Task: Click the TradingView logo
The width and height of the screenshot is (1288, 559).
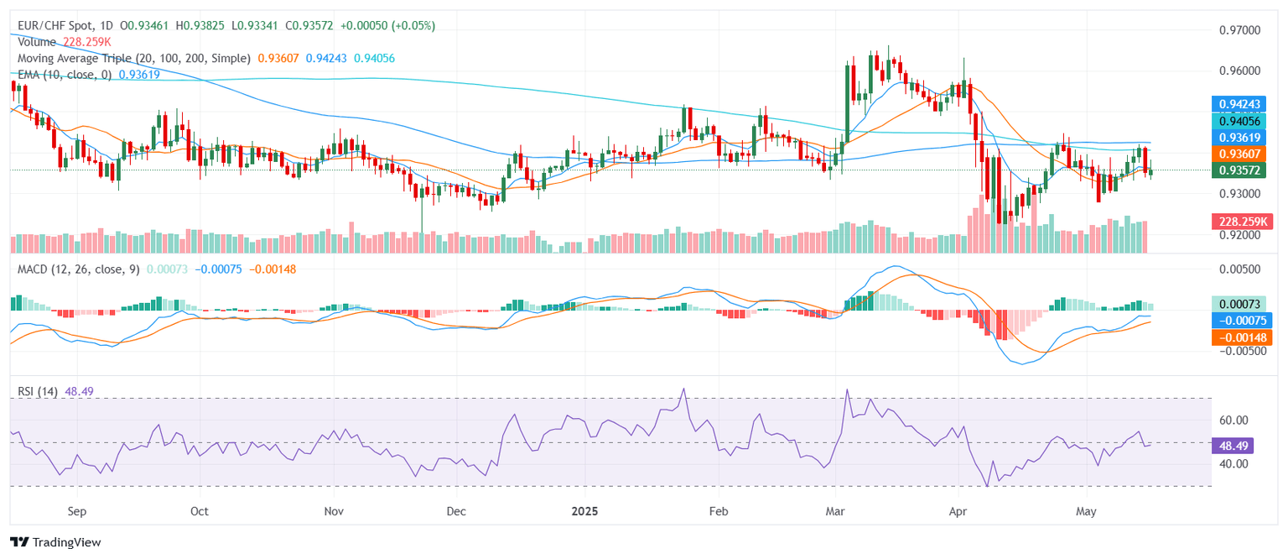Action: [x=55, y=542]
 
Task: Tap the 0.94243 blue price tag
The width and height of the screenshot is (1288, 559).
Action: [x=1241, y=105]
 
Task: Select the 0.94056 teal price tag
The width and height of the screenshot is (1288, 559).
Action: [x=1241, y=122]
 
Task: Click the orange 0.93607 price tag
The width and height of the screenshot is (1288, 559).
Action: [x=1241, y=154]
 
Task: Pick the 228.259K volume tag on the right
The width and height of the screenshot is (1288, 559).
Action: [x=1241, y=222]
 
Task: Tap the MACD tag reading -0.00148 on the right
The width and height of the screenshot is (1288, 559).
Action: [x=1241, y=337]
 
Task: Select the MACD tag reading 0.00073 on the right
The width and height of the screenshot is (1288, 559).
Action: [x=1241, y=303]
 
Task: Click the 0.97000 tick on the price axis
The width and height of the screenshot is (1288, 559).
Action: [x=1239, y=30]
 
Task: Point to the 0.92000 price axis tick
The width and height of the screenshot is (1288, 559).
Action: [x=1239, y=236]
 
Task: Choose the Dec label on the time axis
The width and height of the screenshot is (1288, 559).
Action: [x=456, y=510]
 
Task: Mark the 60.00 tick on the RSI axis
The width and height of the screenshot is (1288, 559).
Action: [x=1233, y=421]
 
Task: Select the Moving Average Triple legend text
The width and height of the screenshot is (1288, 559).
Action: [x=134, y=58]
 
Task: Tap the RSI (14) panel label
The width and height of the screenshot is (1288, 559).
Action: [x=38, y=392]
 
